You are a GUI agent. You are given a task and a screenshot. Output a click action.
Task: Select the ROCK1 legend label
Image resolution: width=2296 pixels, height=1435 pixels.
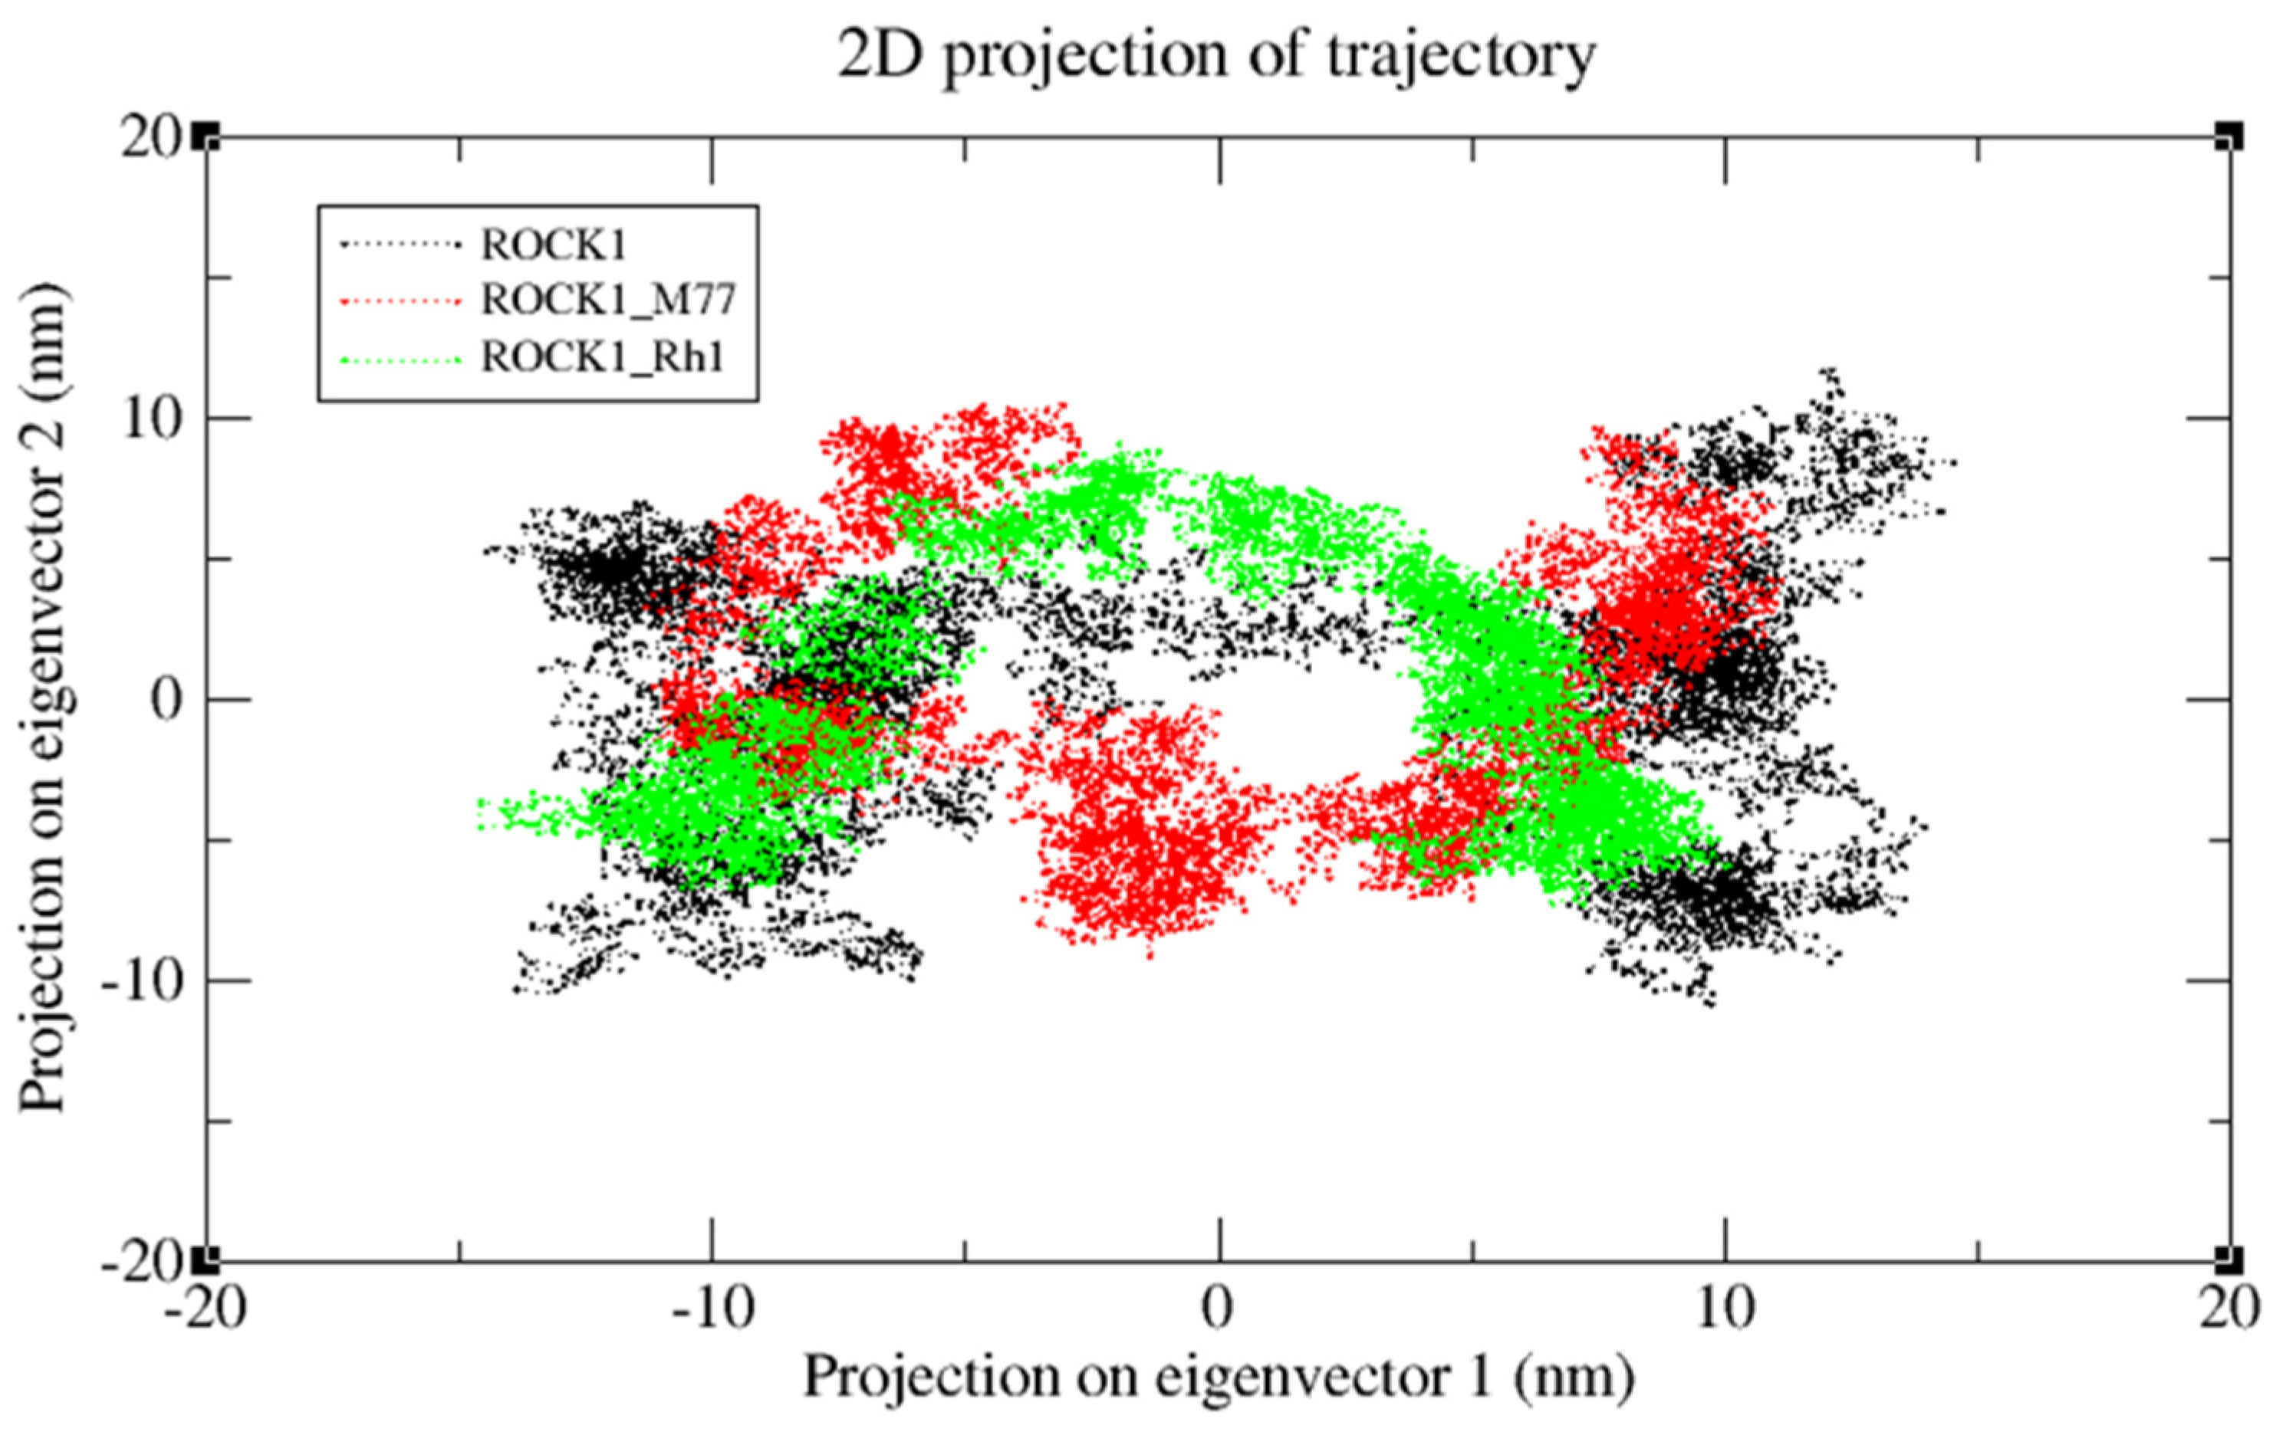click(554, 246)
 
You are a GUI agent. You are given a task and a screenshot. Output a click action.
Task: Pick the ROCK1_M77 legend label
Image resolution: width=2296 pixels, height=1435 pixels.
click(608, 300)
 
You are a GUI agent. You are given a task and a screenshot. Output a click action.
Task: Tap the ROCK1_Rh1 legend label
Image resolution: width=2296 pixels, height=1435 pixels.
click(603, 358)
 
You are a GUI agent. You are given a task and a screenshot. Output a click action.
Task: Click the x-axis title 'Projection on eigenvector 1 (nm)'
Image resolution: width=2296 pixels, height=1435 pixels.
click(1219, 1376)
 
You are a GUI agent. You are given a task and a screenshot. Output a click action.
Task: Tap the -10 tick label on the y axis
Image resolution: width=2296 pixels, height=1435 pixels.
click(140, 981)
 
